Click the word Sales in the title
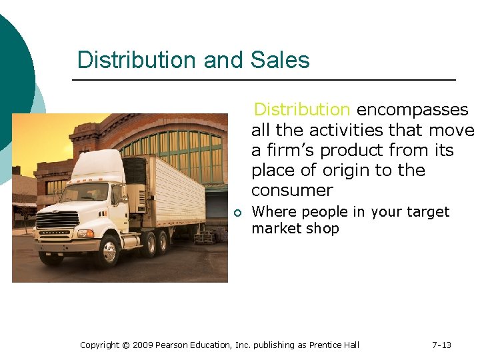280,60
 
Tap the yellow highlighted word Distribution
302,109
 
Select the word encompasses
413,109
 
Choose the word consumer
292,190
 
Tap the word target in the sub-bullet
426,212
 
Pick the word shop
325,229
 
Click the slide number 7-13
441,345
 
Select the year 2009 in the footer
143,345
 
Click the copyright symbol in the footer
125,345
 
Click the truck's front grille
57,220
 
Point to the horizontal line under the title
263,80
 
